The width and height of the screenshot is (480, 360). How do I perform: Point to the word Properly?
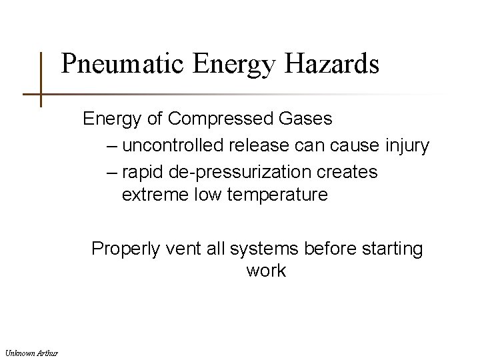(123, 249)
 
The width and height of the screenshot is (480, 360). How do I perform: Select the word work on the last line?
(265, 272)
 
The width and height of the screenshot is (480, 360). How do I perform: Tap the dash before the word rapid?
(111, 172)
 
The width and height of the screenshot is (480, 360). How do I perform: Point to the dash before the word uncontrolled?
(111, 146)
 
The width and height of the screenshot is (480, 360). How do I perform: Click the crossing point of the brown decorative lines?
(41, 95)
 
